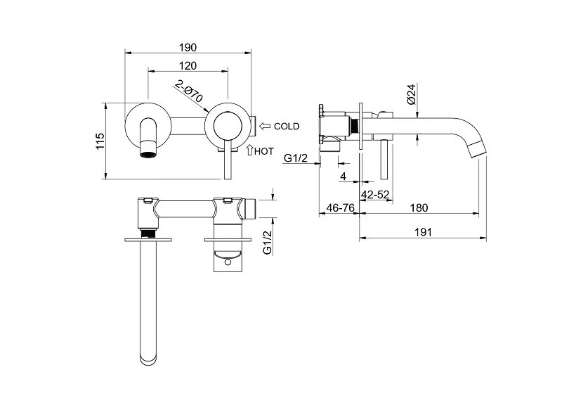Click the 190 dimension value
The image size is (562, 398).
[188, 47]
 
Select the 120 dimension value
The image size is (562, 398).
[188, 65]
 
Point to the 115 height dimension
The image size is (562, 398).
[99, 141]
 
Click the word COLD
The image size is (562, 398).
[287, 127]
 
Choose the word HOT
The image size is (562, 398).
[264, 151]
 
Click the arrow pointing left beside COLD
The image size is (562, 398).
[265, 127]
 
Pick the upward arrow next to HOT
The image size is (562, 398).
[250, 150]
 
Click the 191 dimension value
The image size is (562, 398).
[422, 231]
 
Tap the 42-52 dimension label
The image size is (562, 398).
[375, 193]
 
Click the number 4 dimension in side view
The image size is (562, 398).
[342, 174]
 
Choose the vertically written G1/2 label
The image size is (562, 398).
[267, 241]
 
